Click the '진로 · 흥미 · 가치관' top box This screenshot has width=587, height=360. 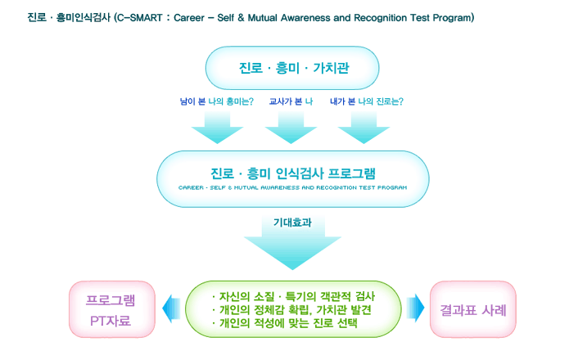click(292, 68)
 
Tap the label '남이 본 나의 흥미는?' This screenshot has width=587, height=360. click(217, 101)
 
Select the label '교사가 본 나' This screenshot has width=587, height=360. click(291, 101)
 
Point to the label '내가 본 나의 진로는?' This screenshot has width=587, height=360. click(367, 101)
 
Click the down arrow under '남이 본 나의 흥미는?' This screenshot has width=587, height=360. click(217, 128)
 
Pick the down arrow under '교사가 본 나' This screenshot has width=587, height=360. click(291, 128)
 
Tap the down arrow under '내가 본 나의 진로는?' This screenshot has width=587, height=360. click(363, 128)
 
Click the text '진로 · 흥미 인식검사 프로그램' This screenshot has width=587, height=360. click(293, 173)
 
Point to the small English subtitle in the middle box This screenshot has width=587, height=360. click(293, 187)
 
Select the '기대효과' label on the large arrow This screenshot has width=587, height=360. click(292, 223)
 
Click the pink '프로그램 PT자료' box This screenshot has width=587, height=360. click(112, 309)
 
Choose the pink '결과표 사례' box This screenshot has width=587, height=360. click(473, 309)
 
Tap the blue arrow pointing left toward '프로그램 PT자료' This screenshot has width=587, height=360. click(171, 308)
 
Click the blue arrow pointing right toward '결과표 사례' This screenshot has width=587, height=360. click(416, 308)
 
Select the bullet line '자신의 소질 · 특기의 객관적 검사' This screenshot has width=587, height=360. click(293, 297)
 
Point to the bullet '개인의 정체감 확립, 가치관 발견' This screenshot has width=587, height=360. click(291, 310)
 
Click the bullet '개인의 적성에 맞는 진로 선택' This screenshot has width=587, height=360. click(285, 323)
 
